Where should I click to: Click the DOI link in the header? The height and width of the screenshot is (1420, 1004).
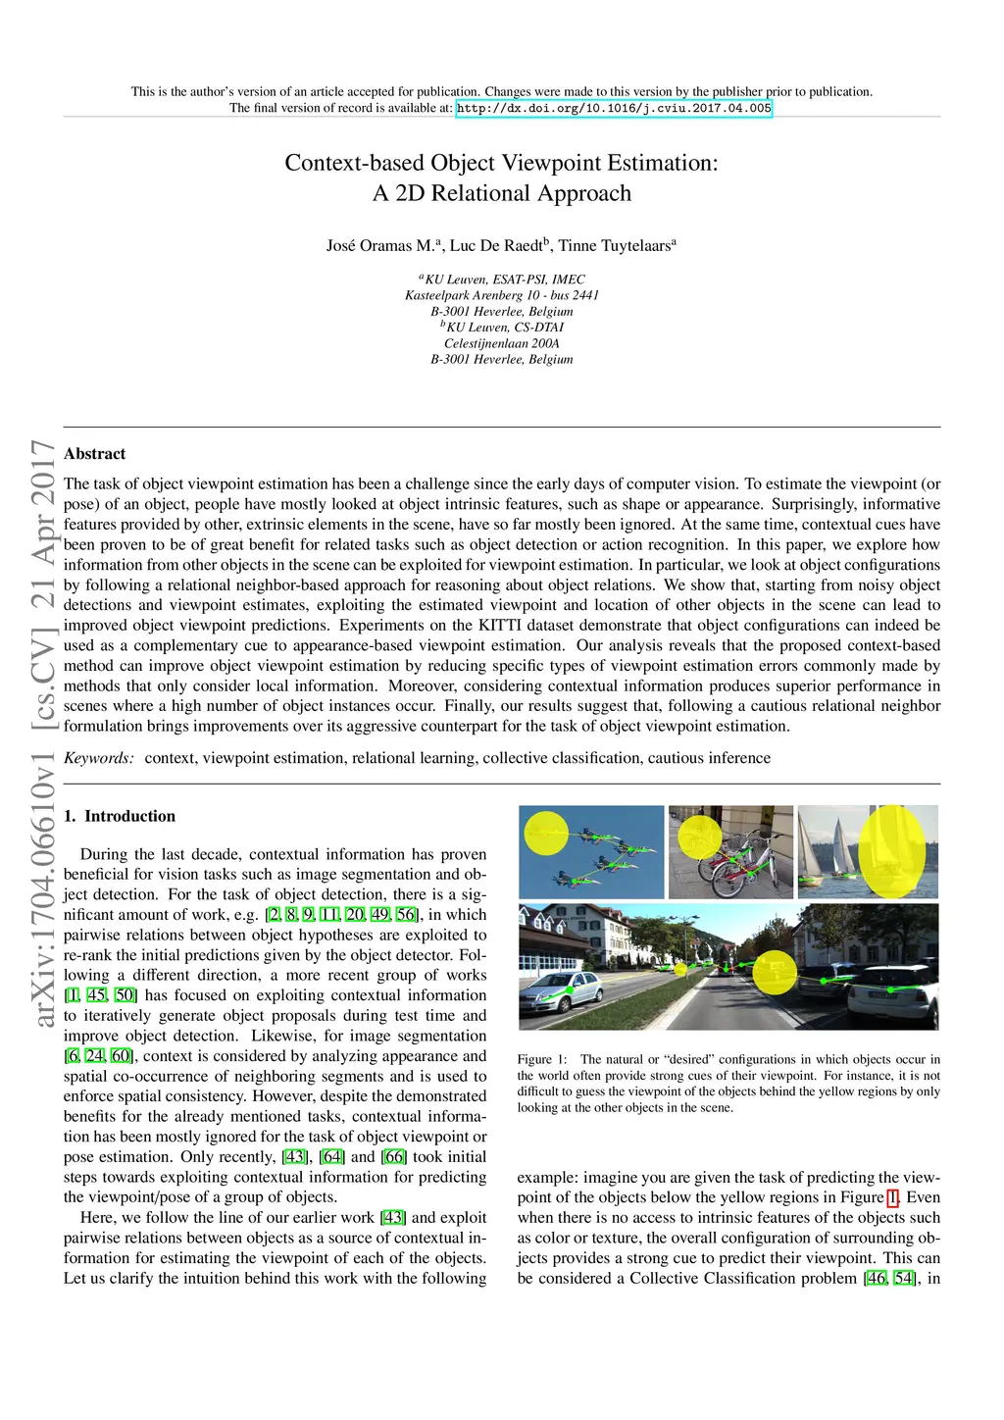click(x=615, y=108)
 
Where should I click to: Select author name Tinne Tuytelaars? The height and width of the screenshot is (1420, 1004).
click(x=615, y=246)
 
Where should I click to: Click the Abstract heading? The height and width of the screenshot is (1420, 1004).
click(x=95, y=454)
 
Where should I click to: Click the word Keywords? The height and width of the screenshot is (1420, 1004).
click(x=99, y=758)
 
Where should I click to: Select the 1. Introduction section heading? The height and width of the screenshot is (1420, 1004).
click(x=120, y=816)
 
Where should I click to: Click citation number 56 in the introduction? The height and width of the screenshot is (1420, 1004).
click(x=406, y=915)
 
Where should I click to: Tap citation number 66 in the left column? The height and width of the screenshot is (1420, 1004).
click(x=394, y=1157)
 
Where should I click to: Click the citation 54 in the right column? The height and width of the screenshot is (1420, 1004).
click(x=903, y=1279)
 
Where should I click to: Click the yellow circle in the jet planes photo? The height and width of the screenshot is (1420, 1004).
click(x=546, y=834)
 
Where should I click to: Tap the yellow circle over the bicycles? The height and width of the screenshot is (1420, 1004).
click(x=700, y=837)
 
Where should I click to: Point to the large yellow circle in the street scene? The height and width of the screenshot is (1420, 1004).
click(x=775, y=972)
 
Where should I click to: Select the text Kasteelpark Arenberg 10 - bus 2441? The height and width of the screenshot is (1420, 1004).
click(x=502, y=295)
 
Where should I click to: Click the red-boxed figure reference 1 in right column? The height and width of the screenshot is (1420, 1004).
click(x=892, y=1197)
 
